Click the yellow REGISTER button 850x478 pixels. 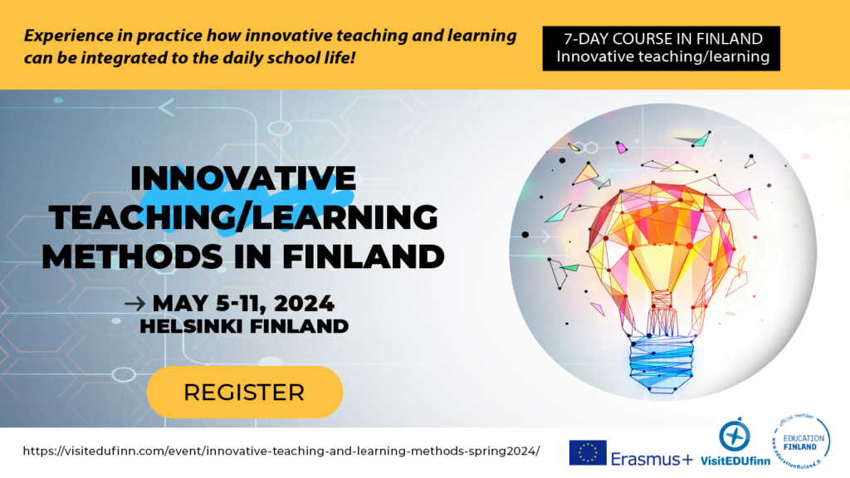click(x=244, y=392)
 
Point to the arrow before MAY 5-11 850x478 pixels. click(x=134, y=303)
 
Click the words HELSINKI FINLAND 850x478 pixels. click(x=244, y=326)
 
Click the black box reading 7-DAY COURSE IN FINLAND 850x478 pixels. click(x=661, y=48)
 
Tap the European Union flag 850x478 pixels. click(x=587, y=452)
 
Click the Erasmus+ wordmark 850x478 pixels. click(x=651, y=458)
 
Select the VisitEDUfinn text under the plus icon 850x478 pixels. click(x=735, y=462)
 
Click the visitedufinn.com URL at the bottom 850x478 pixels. click(x=281, y=451)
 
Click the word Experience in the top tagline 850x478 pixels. click(x=64, y=37)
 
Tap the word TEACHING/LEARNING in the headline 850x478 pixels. click(x=243, y=217)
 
